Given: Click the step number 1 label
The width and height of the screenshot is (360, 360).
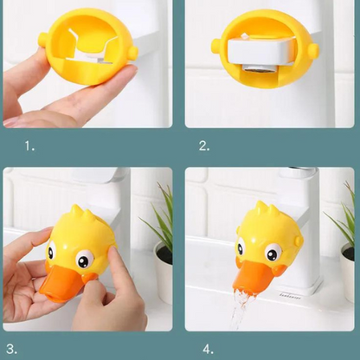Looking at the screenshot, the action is coord(29,146).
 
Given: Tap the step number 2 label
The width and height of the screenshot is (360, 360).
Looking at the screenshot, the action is coord(204,146).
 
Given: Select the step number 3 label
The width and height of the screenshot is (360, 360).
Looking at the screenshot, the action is coord(11,349).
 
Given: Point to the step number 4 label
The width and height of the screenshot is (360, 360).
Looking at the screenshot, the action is coord(209,349).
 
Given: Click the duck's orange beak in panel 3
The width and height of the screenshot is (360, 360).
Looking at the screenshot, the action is coord(65,283).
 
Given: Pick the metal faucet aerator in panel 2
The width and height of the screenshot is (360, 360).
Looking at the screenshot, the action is coord(258,68).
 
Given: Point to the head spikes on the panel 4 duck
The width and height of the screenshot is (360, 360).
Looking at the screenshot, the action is coord(267,209).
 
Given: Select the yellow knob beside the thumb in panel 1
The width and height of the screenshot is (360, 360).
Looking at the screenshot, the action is coord(43,40).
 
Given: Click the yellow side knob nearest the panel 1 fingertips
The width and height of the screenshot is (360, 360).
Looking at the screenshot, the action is coord(133,53).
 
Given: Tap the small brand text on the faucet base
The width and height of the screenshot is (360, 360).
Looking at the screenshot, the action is coord(290,296).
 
